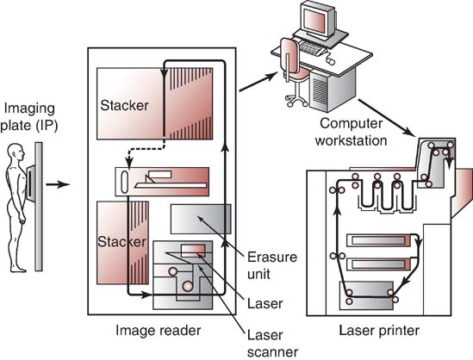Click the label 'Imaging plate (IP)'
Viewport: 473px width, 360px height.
click(29, 117)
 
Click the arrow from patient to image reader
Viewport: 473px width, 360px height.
click(58, 184)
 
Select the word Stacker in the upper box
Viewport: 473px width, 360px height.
click(124, 105)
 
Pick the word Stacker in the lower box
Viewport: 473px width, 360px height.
click(121, 242)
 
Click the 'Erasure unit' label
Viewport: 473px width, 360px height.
click(272, 265)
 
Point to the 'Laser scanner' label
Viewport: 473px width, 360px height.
click(272, 344)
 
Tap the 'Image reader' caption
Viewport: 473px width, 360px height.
click(158, 331)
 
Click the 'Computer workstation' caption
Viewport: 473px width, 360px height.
click(351, 132)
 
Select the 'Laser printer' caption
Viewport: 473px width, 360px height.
click(379, 331)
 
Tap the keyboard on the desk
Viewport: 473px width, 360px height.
click(313, 49)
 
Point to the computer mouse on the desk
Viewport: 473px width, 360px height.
click(331, 61)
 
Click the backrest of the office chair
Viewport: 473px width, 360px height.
click(289, 58)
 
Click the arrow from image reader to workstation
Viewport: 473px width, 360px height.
click(258, 82)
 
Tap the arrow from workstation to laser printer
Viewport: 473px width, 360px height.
click(386, 118)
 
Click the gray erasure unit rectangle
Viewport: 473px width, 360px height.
click(201, 220)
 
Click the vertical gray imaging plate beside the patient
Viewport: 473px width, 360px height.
click(39, 207)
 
